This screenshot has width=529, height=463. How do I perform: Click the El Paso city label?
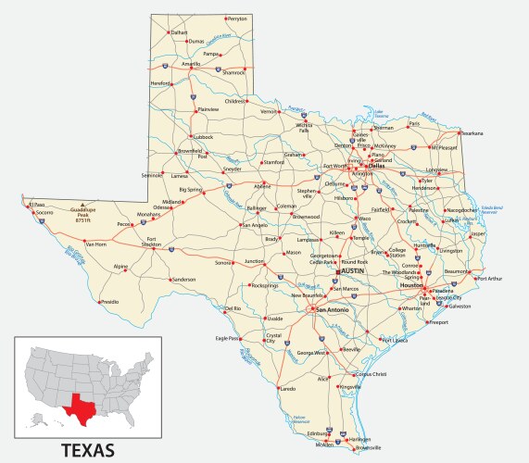pyautogui.click(x=36, y=205)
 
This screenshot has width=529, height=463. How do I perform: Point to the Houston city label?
pyautogui.click(x=411, y=285)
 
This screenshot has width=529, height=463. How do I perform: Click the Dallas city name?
pyautogui.click(x=376, y=166)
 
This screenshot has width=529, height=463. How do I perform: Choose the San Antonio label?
pyautogui.click(x=333, y=309)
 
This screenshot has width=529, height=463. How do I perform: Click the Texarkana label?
pyautogui.click(x=472, y=132)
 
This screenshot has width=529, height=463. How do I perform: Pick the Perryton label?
pyautogui.click(x=238, y=19)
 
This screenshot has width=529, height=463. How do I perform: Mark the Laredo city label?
pyautogui.click(x=287, y=389)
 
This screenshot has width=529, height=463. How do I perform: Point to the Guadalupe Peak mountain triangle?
pyautogui.click(x=84, y=204)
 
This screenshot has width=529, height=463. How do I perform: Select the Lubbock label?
pyautogui.click(x=202, y=136)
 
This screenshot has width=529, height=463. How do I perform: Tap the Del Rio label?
pyautogui.click(x=232, y=308)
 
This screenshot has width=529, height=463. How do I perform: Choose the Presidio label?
pyautogui.click(x=109, y=302)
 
